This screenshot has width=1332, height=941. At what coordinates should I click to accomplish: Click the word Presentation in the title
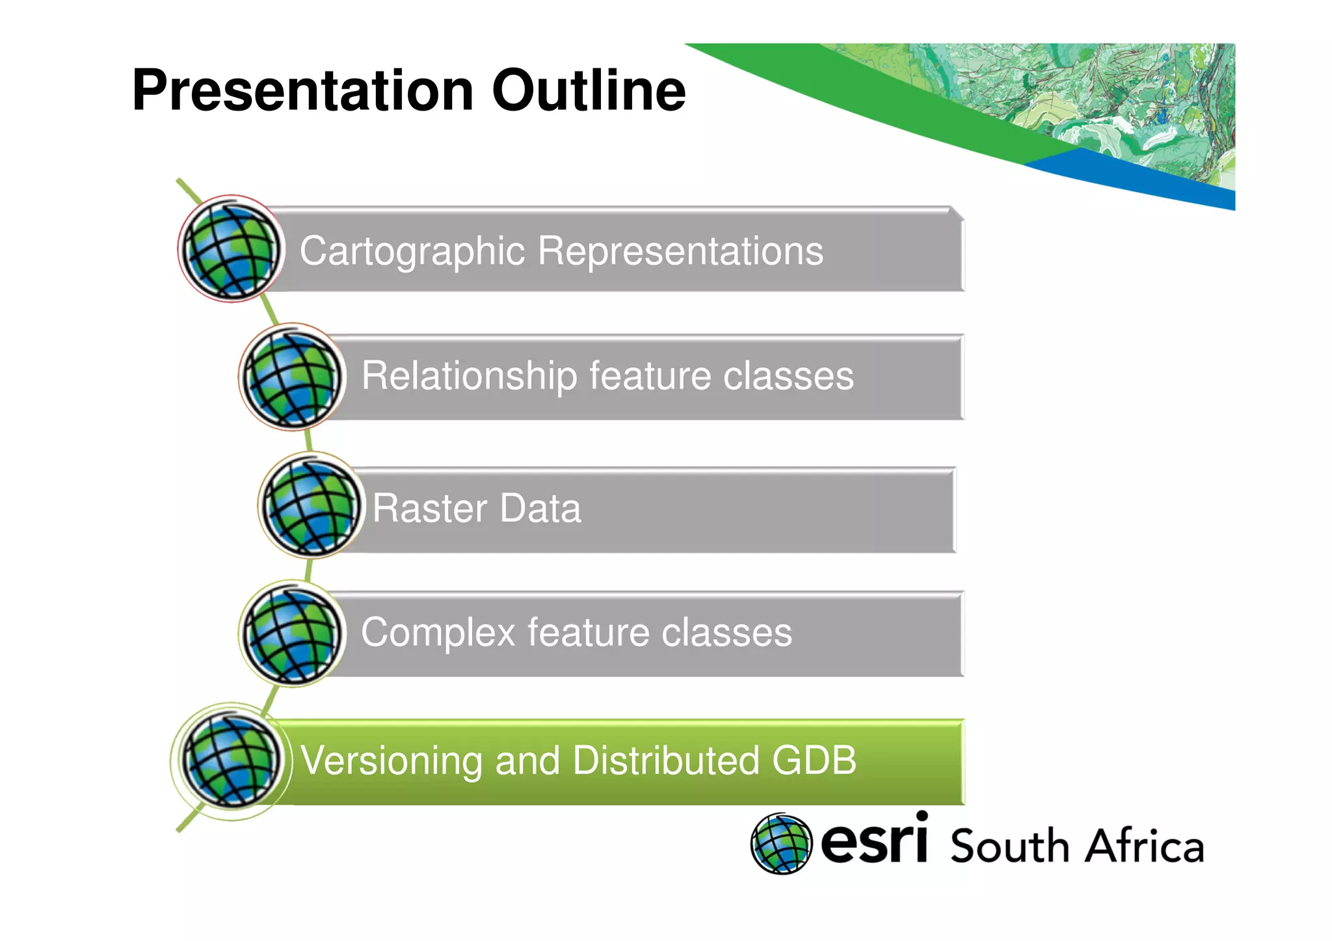302,91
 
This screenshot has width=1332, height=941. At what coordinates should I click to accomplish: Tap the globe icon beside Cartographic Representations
231,249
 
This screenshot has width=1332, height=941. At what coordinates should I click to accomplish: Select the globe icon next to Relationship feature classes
292,377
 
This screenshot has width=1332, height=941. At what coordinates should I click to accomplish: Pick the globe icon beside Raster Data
311,506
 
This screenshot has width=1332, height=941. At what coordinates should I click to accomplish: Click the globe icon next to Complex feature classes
292,633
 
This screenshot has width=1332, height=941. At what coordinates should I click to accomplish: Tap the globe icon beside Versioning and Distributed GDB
231,761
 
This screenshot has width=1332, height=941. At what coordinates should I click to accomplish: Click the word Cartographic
412,251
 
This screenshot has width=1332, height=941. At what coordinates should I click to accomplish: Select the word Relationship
468,376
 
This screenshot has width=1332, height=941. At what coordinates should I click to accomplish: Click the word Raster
429,508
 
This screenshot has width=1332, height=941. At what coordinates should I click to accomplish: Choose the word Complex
438,632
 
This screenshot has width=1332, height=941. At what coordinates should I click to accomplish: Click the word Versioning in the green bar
391,760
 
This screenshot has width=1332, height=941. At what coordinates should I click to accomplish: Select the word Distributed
665,760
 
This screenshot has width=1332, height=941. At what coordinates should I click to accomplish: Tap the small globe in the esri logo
781,843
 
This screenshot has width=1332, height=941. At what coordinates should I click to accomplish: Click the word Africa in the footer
1145,846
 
